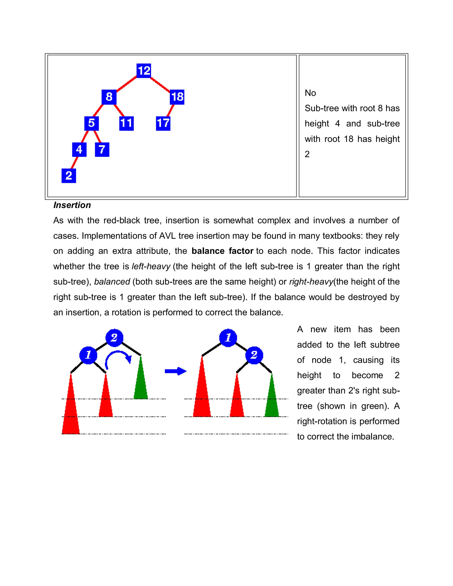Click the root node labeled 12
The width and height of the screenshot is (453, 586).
tap(144, 71)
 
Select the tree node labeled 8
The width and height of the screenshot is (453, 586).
tap(109, 97)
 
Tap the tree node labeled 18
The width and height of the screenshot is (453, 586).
tap(177, 97)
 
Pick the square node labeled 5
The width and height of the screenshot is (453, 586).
tap(92, 123)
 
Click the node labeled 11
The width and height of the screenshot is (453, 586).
tap(126, 123)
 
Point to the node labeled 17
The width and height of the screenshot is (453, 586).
tap(163, 123)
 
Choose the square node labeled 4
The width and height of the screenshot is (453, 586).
tap(79, 149)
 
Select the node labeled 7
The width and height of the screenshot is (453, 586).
tap(102, 149)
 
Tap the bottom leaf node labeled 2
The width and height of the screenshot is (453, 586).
tap(69, 176)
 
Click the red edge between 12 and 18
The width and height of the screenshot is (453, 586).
tap(160, 84)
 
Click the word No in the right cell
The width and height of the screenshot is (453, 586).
tap(310, 93)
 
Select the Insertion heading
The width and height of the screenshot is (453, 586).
tap(72, 205)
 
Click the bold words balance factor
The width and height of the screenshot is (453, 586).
tap(223, 251)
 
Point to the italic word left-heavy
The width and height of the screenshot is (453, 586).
tap(151, 266)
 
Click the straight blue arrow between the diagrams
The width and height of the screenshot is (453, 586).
tap(175, 371)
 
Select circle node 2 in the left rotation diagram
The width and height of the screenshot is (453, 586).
tap(114, 337)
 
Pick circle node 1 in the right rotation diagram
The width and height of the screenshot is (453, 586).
tap(228, 337)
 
